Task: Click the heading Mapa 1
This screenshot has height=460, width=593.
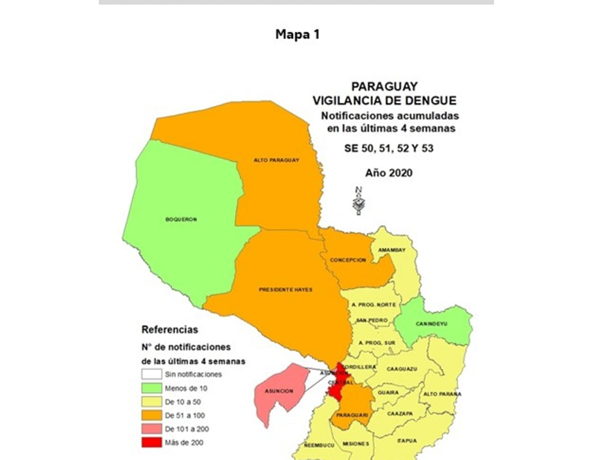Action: pos(296,34)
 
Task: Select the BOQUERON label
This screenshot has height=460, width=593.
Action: pos(181,219)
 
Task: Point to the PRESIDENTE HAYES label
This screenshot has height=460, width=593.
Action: pos(285,290)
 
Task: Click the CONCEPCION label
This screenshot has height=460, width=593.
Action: pos(348,260)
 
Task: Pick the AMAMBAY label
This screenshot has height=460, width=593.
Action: pos(392,250)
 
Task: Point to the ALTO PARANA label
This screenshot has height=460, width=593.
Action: pos(442,394)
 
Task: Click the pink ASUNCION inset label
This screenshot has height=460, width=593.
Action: pos(275,391)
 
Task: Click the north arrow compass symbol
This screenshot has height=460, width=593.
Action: pos(356,200)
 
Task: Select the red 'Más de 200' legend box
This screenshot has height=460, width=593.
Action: pos(153,442)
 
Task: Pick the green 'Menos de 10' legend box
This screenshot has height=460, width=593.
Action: pos(153,388)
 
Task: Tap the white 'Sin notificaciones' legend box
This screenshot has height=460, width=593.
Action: pos(153,374)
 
